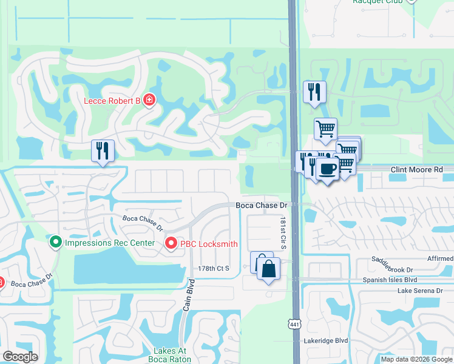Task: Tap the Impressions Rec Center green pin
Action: click(x=56, y=243)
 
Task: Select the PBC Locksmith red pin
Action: click(x=171, y=243)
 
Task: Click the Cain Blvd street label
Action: click(x=188, y=295)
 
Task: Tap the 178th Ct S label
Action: click(x=213, y=268)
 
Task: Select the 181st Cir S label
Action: click(x=283, y=231)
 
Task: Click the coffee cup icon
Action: click(x=328, y=169)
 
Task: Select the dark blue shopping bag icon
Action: click(x=269, y=269)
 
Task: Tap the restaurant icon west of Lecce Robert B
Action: click(x=102, y=150)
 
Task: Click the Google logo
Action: click(x=20, y=357)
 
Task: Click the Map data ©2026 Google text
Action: click(x=416, y=359)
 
